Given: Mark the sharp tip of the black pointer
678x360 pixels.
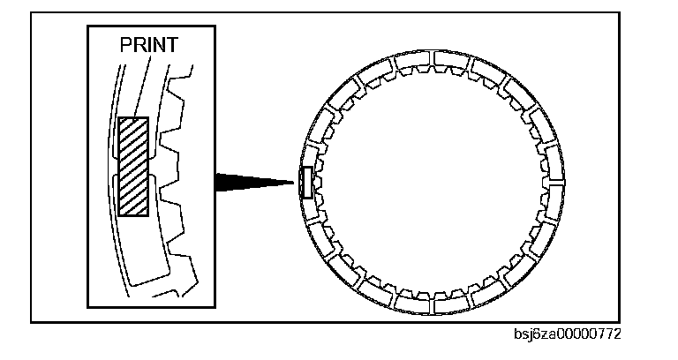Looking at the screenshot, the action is click(292, 183).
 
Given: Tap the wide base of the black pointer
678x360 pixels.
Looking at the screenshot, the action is click(215, 182).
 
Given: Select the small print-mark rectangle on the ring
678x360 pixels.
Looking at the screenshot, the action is click(305, 183).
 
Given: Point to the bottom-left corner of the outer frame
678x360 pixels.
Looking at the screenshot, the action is click(32, 321).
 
